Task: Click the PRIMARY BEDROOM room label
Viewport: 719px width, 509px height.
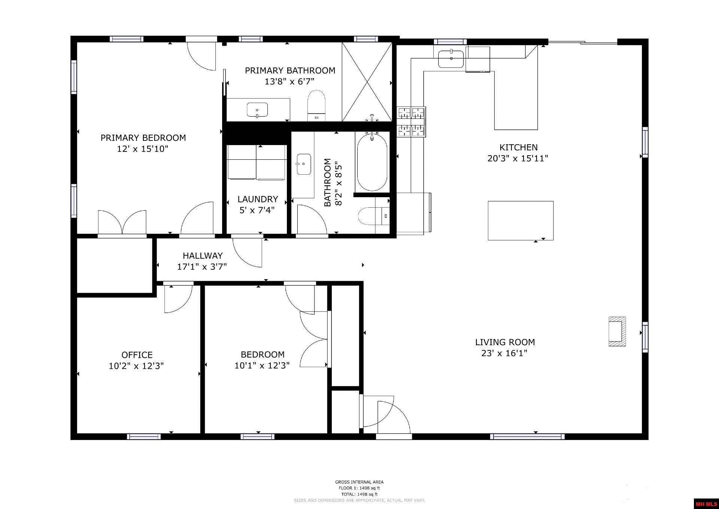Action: point(143,138)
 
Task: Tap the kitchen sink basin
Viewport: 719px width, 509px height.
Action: point(451,59)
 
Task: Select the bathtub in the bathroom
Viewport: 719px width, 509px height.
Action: point(371,162)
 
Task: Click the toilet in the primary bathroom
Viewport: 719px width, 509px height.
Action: point(316,105)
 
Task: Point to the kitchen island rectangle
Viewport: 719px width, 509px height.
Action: point(521,220)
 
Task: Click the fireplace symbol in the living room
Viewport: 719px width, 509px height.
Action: point(617,331)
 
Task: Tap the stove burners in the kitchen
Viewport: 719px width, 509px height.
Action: point(412,122)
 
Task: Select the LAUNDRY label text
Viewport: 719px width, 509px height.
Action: point(258,199)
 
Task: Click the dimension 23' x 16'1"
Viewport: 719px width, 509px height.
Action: point(504,353)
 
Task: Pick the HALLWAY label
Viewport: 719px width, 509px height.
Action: point(203,256)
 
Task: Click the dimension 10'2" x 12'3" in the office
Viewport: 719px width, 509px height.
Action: point(136,366)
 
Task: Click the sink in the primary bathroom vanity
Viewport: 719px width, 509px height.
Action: point(257,109)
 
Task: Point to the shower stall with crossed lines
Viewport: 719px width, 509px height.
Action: point(367,82)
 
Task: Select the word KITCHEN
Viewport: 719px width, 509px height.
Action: point(518,147)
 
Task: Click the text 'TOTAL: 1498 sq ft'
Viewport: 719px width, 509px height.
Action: point(359,494)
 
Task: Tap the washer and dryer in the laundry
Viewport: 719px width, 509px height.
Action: point(257,163)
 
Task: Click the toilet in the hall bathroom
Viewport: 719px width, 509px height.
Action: point(374,216)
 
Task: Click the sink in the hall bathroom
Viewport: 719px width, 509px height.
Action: point(304,164)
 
